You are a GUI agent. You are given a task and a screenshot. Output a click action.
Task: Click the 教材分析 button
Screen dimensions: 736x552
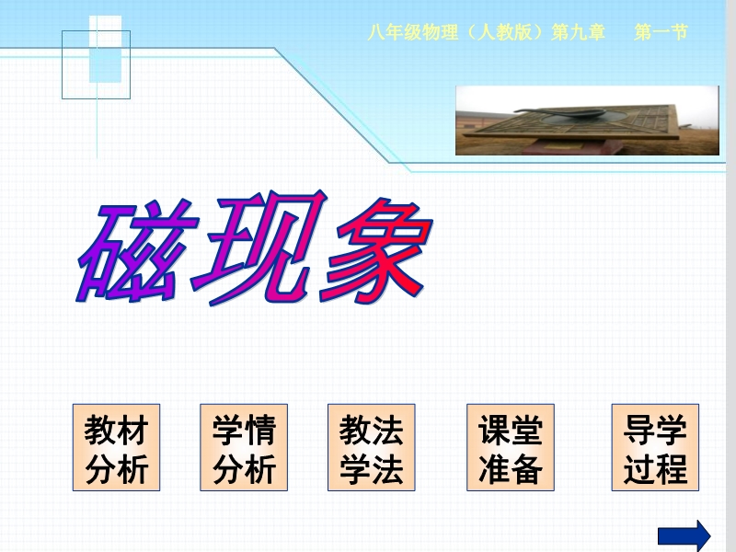click(x=116, y=447)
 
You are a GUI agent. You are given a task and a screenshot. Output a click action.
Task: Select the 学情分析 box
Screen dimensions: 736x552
click(x=244, y=447)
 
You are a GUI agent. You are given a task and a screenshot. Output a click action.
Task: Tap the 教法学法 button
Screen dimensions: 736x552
click(x=372, y=447)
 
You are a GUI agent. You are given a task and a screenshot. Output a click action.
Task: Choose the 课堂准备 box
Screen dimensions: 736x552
click(x=511, y=447)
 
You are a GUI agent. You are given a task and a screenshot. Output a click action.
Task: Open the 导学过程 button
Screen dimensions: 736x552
click(x=655, y=447)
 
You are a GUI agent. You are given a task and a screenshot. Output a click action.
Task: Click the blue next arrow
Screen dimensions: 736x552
click(x=684, y=535)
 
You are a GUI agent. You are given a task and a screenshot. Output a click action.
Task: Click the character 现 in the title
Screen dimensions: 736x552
click(x=259, y=247)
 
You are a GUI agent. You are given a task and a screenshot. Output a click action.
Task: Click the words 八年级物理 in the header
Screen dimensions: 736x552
click(x=412, y=32)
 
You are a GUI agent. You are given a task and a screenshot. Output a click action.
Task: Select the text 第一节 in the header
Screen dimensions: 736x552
click(x=661, y=32)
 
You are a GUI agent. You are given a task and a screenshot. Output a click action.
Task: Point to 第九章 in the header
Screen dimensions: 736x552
click(x=579, y=32)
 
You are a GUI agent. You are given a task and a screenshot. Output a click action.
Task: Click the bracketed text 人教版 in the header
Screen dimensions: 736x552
click(x=504, y=32)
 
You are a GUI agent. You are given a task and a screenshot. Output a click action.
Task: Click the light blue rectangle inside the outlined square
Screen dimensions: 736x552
click(x=106, y=65)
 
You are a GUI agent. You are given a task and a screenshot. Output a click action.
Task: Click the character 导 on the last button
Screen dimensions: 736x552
click(x=638, y=430)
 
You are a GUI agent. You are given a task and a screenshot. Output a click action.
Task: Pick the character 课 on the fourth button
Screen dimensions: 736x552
click(x=494, y=430)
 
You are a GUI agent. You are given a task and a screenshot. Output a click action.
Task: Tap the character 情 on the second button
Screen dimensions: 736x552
click(x=260, y=430)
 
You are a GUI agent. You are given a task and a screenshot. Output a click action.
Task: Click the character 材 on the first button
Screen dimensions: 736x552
click(x=132, y=430)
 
